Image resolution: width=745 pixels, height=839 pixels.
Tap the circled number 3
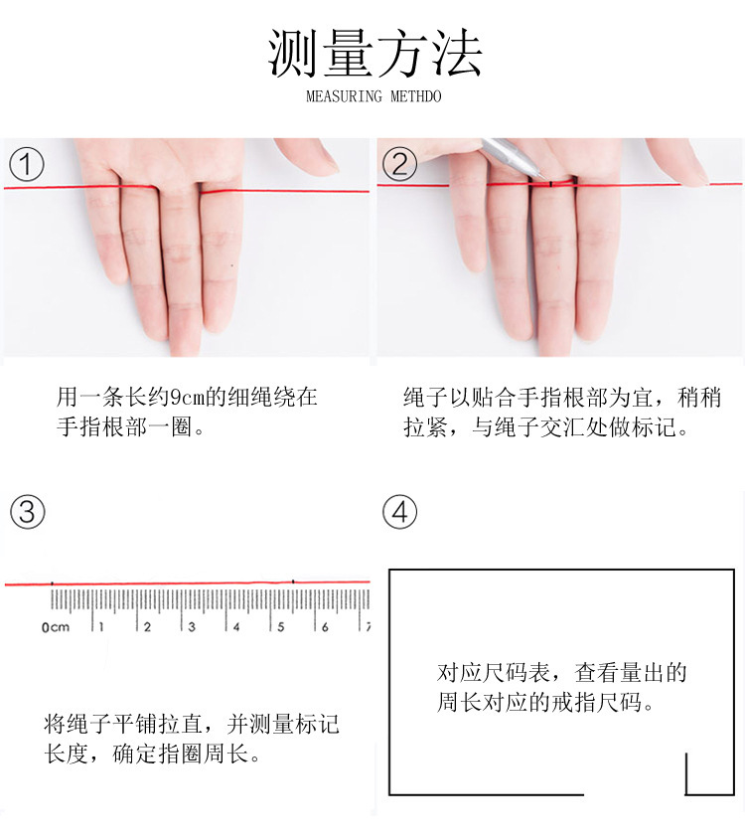(27, 512)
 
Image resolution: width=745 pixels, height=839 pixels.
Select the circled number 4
(399, 512)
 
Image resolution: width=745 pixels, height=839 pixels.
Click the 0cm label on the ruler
(56, 627)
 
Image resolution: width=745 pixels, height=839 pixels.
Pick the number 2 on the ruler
(147, 626)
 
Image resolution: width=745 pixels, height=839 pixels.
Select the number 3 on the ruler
(192, 626)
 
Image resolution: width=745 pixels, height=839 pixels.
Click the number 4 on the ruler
(236, 626)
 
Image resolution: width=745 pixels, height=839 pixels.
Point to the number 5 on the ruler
(281, 626)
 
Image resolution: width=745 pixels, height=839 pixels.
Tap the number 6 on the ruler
(325, 626)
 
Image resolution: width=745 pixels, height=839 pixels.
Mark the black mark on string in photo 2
(550, 184)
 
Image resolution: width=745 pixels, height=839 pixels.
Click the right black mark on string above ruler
(293, 581)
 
